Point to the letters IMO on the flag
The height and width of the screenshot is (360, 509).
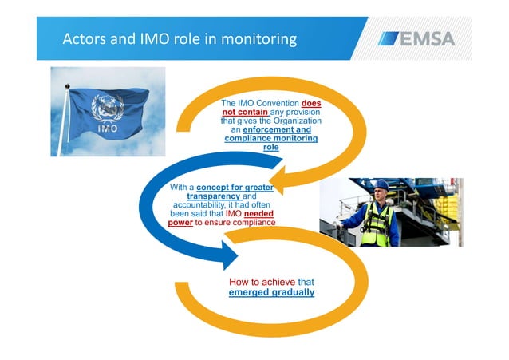(x=108, y=128)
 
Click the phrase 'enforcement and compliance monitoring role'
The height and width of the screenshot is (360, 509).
(x=271, y=138)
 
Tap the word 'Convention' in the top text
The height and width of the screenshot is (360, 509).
(x=274, y=104)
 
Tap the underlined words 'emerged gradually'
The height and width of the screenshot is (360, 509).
(x=271, y=292)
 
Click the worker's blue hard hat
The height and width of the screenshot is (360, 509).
(x=381, y=185)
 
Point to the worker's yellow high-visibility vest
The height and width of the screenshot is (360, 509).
(x=378, y=224)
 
